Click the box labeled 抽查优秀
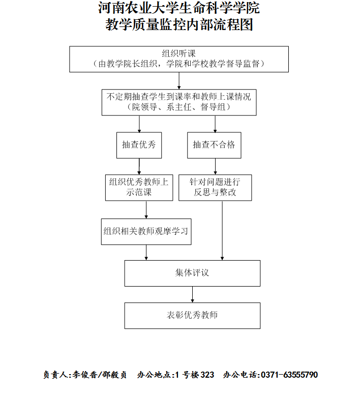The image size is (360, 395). [139, 146]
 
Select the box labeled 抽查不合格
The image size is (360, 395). [214, 146]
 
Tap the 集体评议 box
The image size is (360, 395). [192, 273]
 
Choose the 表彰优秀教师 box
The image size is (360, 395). [192, 316]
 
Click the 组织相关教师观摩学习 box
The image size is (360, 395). [146, 232]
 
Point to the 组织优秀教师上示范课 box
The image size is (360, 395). [139, 188]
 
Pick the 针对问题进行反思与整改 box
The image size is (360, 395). [215, 188]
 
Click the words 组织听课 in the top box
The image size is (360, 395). [178, 53]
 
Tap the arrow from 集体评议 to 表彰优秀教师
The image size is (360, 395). [192, 295]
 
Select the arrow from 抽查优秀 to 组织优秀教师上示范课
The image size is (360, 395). [139, 166]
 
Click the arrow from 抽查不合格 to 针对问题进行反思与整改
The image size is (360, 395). [215, 166]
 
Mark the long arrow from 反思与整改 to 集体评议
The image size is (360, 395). [222, 231]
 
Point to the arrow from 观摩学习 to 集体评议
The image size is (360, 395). [146, 252]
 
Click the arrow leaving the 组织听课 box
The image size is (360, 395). [179, 81]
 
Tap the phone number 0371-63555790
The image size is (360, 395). [289, 375]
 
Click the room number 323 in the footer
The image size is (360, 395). [207, 375]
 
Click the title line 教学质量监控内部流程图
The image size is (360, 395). [179, 24]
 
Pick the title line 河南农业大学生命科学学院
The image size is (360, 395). [179, 8]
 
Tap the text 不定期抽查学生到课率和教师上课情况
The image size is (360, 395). [178, 97]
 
